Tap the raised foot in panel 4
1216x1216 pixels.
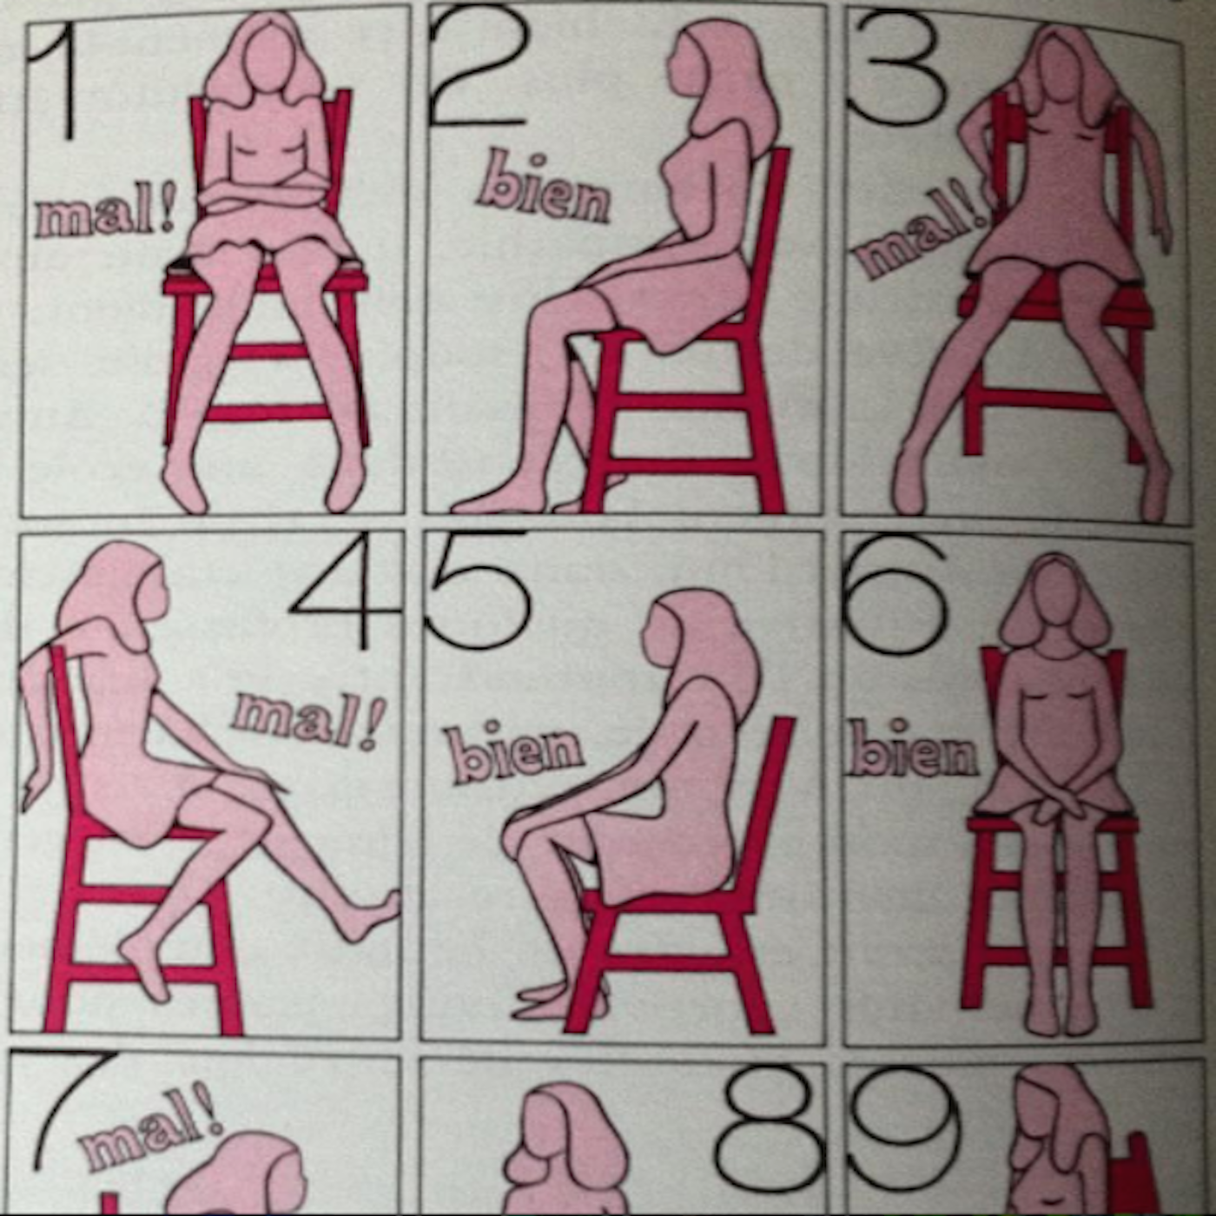coord(373,915)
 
